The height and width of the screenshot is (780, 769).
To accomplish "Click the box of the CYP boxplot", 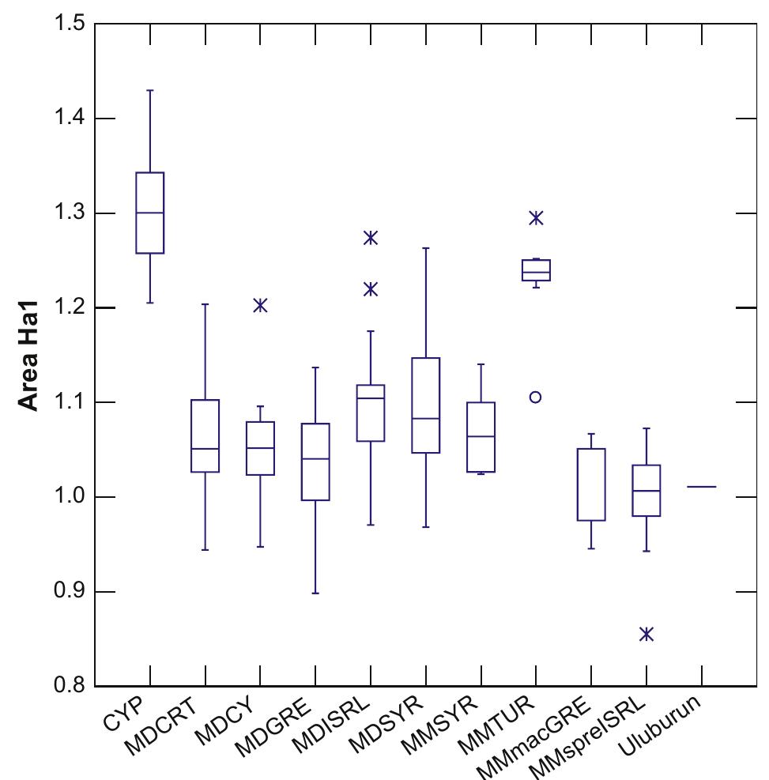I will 150,213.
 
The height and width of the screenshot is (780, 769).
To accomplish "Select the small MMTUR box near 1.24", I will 536,270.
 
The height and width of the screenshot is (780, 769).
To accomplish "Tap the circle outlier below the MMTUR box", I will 536,397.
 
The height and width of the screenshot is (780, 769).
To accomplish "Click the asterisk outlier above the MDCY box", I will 260,305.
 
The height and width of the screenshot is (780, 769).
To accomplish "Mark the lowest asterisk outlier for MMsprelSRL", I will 646,634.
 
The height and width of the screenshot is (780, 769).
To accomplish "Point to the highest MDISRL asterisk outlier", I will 371,237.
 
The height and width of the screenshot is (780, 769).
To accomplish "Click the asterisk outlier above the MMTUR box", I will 536,217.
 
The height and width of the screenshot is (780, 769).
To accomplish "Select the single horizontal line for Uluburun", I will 701,487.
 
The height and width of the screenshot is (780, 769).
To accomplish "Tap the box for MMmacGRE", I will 591,484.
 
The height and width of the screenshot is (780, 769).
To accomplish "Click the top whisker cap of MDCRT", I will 205,304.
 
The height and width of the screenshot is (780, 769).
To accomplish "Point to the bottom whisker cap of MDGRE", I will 315,593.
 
